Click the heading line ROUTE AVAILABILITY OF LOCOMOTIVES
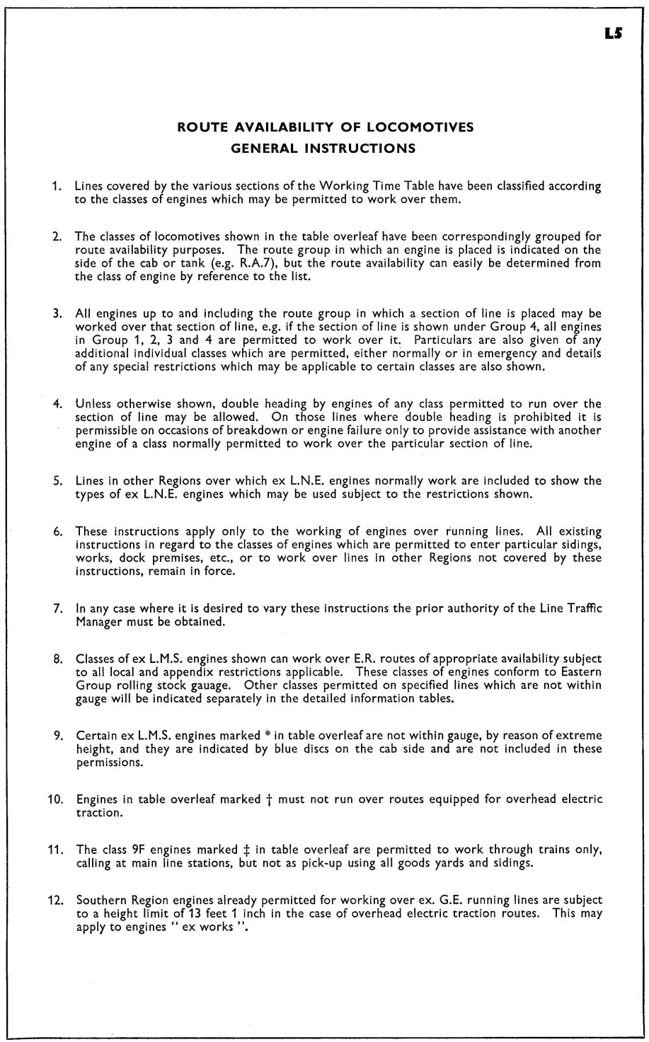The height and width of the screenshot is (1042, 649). (x=325, y=128)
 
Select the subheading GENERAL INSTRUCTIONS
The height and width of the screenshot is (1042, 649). (x=325, y=149)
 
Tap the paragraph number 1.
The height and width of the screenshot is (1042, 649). (x=56, y=187)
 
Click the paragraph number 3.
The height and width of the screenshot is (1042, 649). (x=56, y=313)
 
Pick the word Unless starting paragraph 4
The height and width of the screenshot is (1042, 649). (x=93, y=405)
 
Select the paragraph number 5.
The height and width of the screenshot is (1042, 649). (x=56, y=481)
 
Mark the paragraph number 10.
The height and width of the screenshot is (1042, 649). (x=54, y=799)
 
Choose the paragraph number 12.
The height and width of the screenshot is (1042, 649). (x=54, y=901)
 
